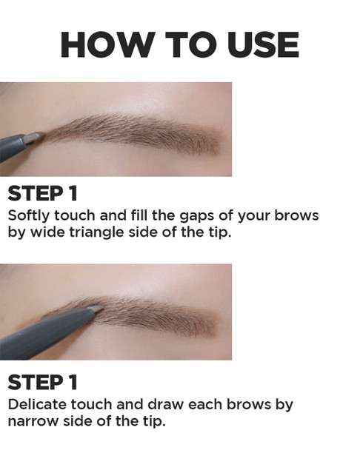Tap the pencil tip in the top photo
35,137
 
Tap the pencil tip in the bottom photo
95,309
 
